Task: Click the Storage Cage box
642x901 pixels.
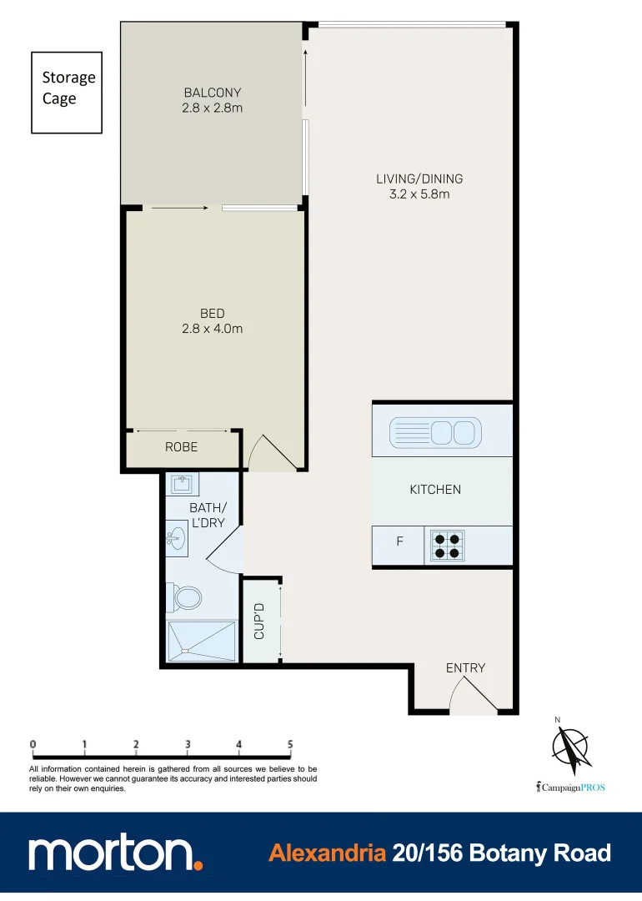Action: coord(67,92)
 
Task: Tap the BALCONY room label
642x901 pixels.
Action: coord(212,92)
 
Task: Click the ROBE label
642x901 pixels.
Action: coord(181,447)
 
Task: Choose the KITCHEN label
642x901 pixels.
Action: coord(434,490)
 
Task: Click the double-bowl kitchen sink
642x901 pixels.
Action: coord(434,432)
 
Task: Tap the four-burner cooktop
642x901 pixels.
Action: coord(447,546)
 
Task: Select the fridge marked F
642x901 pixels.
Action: coord(399,541)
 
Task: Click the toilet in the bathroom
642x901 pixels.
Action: coord(188,597)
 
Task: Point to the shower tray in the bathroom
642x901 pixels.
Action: coord(200,641)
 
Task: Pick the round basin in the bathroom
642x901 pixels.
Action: coord(176,536)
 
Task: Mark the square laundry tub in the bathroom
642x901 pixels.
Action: coord(180,485)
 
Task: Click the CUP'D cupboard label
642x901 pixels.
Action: coord(259,622)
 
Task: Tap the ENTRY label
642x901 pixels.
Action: coord(465,667)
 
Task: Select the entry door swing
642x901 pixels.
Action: coord(471,697)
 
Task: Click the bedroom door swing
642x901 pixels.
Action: coord(270,454)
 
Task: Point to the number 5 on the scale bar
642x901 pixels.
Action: coord(290,743)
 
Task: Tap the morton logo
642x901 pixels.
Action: coord(115,853)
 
